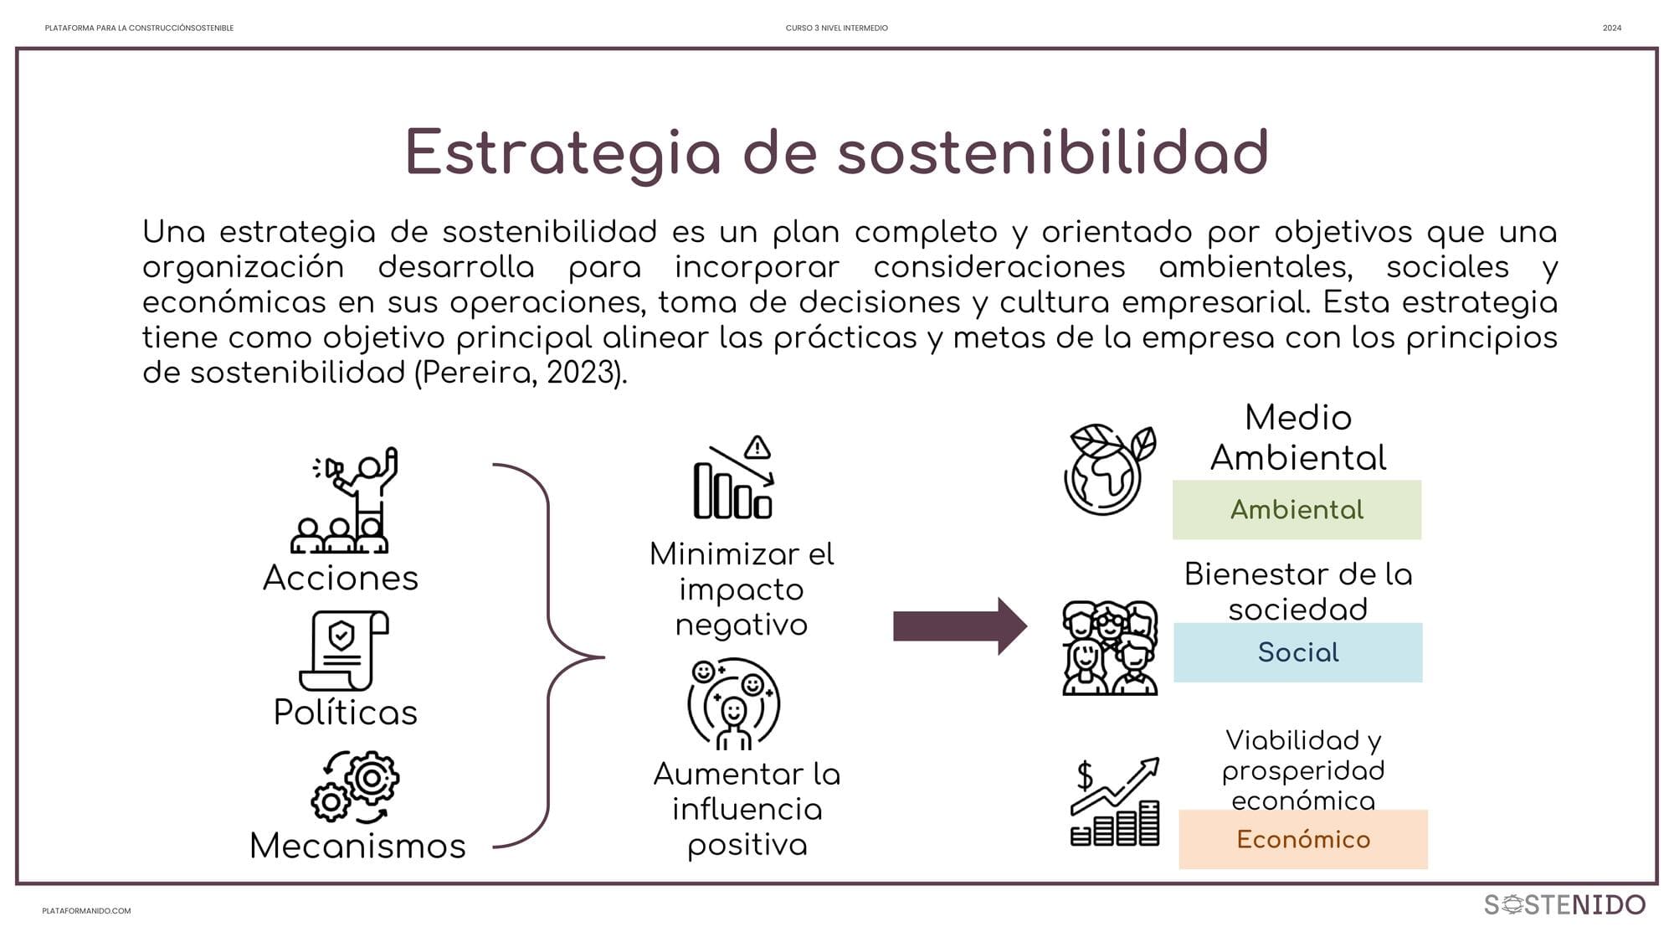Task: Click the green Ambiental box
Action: click(x=1297, y=509)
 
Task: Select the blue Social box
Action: click(x=1297, y=652)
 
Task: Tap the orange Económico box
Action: click(x=1303, y=839)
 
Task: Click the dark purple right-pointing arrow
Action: click(x=960, y=626)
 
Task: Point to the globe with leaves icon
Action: click(x=1110, y=469)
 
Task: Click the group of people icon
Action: click(x=1110, y=648)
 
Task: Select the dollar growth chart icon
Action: click(x=1116, y=801)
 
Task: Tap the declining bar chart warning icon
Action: click(x=733, y=476)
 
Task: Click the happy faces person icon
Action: click(x=734, y=703)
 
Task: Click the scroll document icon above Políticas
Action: click(x=343, y=651)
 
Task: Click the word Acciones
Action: click(x=341, y=578)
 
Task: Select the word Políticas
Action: click(x=346, y=713)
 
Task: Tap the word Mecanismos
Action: click(x=357, y=846)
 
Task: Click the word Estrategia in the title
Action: click(x=563, y=152)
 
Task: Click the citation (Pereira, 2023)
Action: click(x=521, y=372)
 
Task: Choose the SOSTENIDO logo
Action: click(x=1564, y=904)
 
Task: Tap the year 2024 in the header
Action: click(x=1612, y=28)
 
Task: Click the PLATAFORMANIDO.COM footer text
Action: click(x=86, y=911)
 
